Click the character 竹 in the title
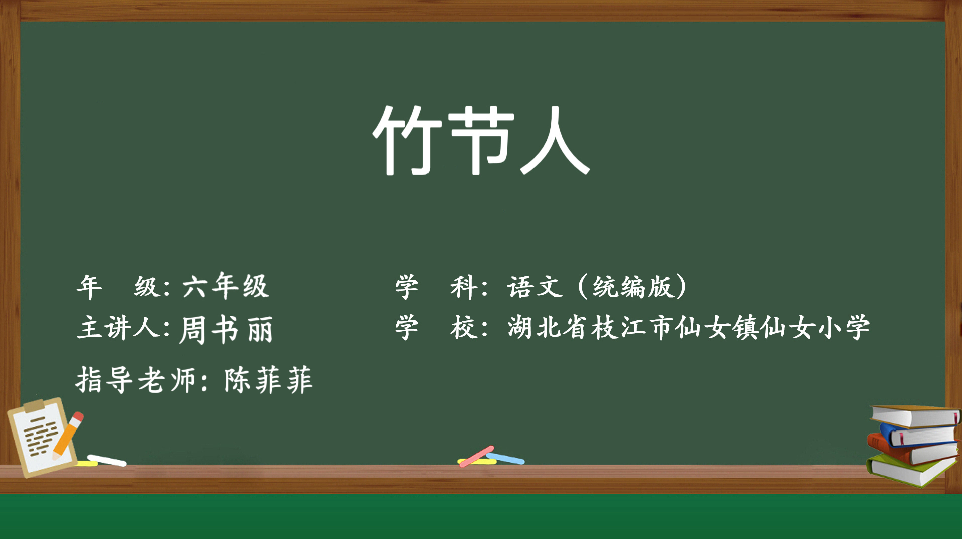[x=407, y=140]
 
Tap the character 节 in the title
[x=481, y=140]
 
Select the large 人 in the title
[x=555, y=141]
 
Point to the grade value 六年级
[x=226, y=286]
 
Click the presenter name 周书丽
[x=226, y=330]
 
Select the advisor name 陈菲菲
[x=268, y=380]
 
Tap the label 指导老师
[x=136, y=380]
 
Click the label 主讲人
[x=119, y=328]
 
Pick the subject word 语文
[x=535, y=287]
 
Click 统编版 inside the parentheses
[x=632, y=287]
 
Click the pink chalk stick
[x=477, y=456]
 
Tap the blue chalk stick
[x=505, y=458]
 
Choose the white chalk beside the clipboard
[x=106, y=460]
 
